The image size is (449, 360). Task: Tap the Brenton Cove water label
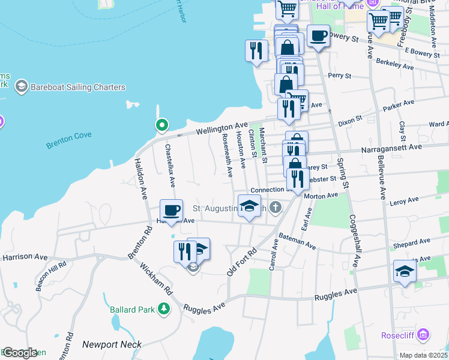pos(68,136)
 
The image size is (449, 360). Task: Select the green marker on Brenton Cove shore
pos(161,125)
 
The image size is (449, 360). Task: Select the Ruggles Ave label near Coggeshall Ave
pos(337,293)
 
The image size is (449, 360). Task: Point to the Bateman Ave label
pos(297,242)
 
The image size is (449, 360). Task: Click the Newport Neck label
pos(112,344)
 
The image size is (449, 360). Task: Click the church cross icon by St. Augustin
pos(276,208)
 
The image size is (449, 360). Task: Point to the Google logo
pos(19,353)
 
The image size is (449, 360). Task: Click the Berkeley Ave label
pos(395,64)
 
